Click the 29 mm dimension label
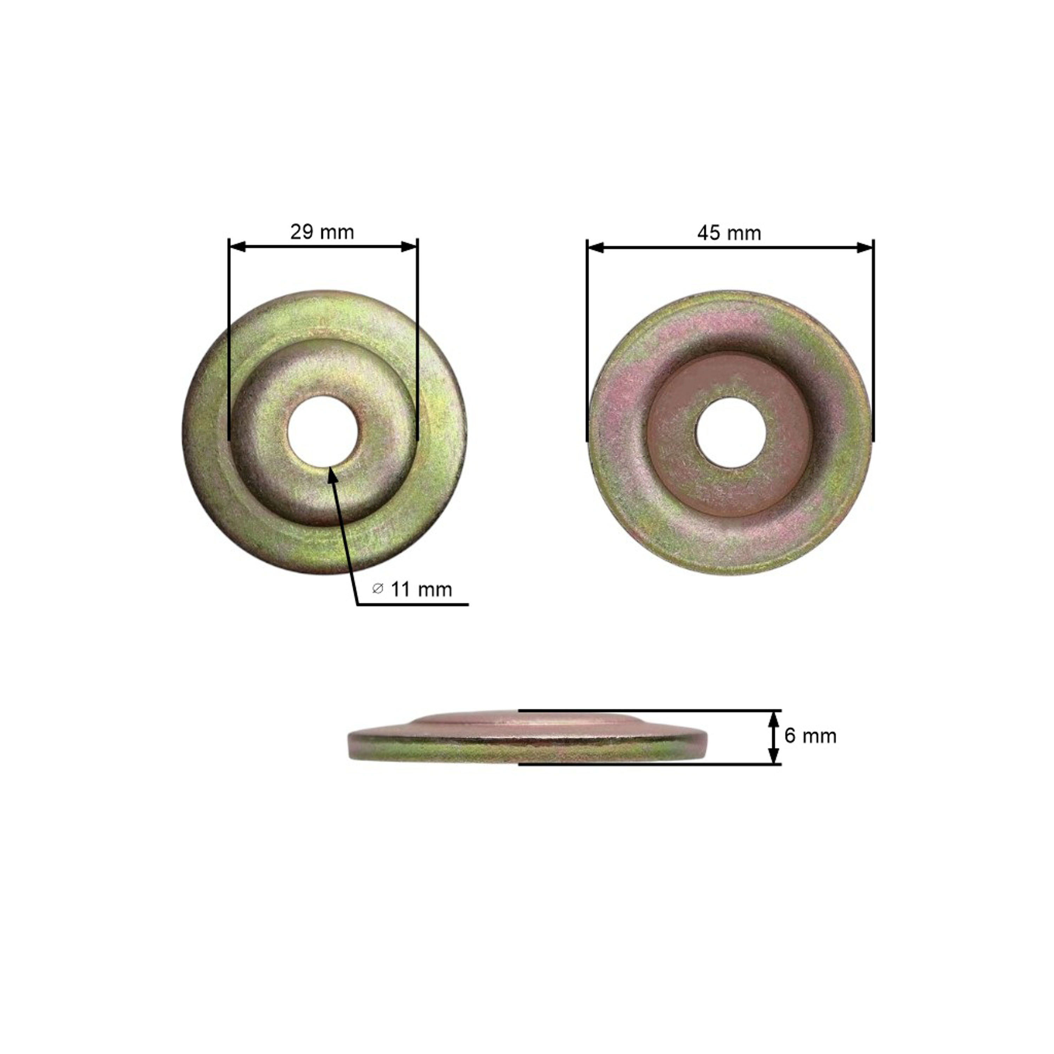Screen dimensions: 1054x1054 (322, 232)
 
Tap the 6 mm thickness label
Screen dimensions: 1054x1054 (810, 736)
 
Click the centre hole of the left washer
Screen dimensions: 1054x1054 (323, 431)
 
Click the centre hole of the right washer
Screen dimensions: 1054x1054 (730, 432)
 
